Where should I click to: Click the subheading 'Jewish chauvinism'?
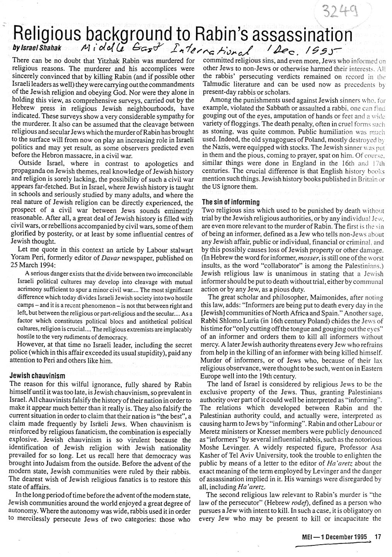[x=37, y=375]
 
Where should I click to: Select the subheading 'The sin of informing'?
[x=231, y=202]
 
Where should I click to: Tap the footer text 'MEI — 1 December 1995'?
[x=334, y=537]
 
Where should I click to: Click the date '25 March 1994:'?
[x=31, y=265]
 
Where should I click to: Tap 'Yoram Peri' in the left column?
[x=28, y=258]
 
